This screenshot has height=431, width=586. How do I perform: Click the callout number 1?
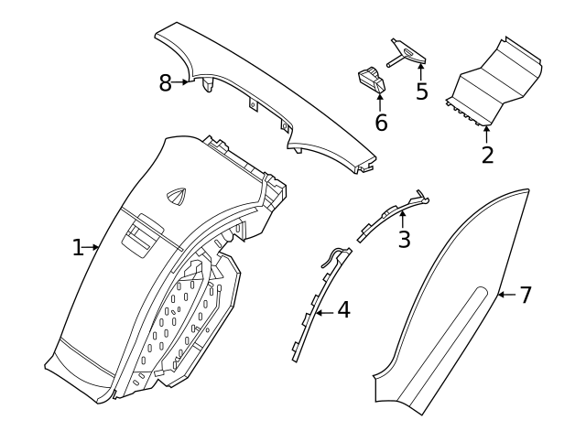(78, 247)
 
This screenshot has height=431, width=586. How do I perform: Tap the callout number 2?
(487, 155)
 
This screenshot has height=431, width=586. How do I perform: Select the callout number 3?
(403, 240)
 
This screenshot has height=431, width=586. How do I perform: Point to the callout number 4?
(343, 311)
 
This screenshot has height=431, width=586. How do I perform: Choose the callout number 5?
(421, 92)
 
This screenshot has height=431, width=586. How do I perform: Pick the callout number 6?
(381, 122)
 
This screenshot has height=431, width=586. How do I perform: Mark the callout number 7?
(526, 295)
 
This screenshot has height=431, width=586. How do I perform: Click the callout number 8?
(166, 83)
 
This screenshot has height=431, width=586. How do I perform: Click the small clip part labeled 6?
(372, 79)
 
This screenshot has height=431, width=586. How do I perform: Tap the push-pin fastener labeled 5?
(407, 54)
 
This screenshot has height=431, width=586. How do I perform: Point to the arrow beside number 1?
(93, 247)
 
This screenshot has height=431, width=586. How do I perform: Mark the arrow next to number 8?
(183, 82)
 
